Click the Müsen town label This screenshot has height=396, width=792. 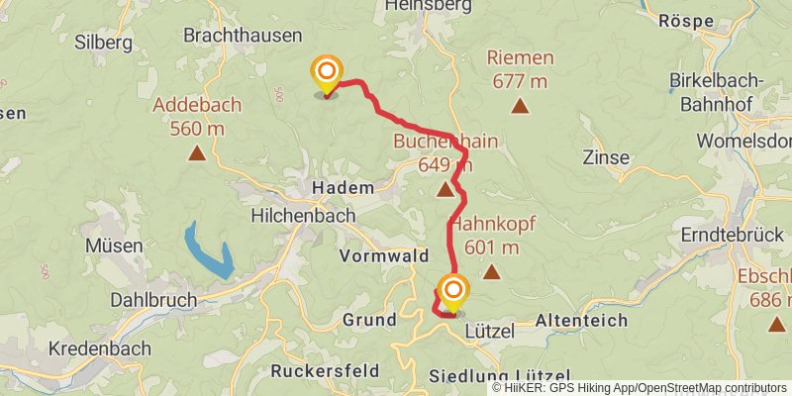click(x=115, y=245)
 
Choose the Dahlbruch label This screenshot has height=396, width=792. click(x=153, y=299)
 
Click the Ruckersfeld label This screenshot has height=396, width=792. click(x=324, y=371)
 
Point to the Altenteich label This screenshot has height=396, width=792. click(x=580, y=320)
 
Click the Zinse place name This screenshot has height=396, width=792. click(x=606, y=156)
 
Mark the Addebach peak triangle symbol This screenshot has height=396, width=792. click(x=198, y=152)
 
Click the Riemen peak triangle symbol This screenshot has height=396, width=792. click(x=520, y=105)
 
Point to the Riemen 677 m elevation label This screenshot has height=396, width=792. click(x=520, y=67)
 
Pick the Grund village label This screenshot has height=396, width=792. click(x=368, y=320)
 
